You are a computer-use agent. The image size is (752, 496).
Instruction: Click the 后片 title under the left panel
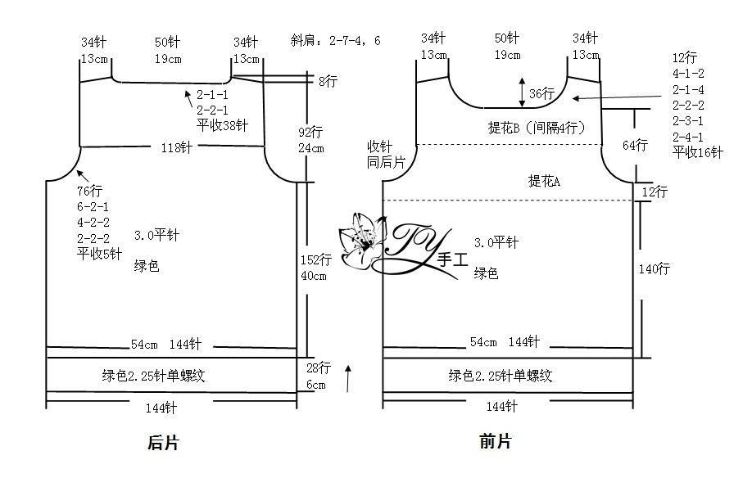tap(163, 442)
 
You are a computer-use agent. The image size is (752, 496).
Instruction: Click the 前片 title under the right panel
tap(496, 441)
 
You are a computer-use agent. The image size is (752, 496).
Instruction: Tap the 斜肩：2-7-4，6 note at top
tap(335, 40)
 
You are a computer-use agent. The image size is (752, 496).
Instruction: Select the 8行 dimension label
tap(328, 81)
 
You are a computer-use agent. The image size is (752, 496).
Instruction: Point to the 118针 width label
tap(176, 147)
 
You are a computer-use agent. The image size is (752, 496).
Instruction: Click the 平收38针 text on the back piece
tap(222, 125)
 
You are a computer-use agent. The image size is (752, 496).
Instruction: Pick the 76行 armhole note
tap(89, 191)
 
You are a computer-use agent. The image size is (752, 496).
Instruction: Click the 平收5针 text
tap(99, 254)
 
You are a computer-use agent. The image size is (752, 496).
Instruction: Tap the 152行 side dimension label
tap(315, 259)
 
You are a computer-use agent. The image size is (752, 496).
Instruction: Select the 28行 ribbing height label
tap(319, 368)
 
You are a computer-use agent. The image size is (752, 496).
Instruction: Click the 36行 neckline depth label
tap(542, 93)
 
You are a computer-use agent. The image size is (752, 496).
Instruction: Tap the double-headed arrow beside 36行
tap(523, 92)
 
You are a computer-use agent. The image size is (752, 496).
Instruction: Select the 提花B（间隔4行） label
tap(537, 128)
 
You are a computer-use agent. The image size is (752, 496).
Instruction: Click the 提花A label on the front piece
tap(544, 181)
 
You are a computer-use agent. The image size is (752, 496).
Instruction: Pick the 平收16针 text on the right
tap(698, 152)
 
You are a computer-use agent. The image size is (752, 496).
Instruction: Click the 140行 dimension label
tap(655, 268)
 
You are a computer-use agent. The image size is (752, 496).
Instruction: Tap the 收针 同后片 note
tap(386, 155)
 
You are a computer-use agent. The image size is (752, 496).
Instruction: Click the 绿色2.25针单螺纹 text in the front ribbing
tap(501, 376)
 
